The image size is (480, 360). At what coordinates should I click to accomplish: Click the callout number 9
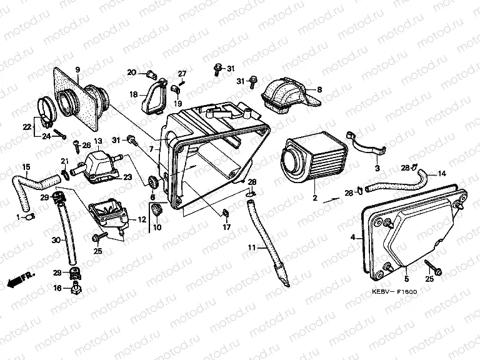pyautogui.click(x=78, y=69)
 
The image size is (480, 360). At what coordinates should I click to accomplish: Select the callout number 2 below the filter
pyautogui.click(x=315, y=198)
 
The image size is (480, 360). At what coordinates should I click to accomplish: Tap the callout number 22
pyautogui.click(x=27, y=127)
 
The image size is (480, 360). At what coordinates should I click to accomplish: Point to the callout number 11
pyautogui.click(x=251, y=248)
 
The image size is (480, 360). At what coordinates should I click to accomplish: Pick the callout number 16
pyautogui.click(x=57, y=288)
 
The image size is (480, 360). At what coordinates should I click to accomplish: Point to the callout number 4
pyautogui.click(x=352, y=237)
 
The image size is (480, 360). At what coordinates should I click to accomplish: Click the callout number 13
pyautogui.click(x=98, y=142)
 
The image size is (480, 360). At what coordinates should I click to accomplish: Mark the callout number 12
pyautogui.click(x=141, y=219)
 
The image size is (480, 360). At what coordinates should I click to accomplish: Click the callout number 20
pyautogui.click(x=131, y=73)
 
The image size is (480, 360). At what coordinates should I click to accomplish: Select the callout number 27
pyautogui.click(x=182, y=74)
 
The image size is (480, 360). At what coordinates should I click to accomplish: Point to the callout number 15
pyautogui.click(x=26, y=167)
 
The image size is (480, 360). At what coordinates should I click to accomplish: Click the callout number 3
pyautogui.click(x=377, y=169)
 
